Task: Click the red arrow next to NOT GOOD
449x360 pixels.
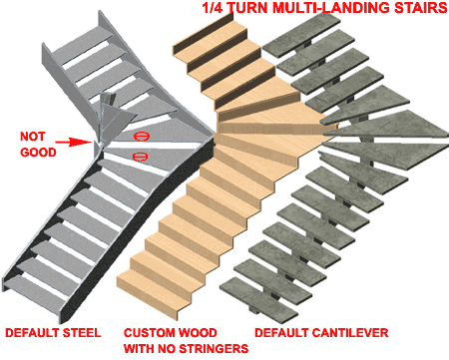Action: (x=74, y=143)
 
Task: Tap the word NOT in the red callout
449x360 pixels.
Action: (x=32, y=137)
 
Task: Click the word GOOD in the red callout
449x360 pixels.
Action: (x=38, y=153)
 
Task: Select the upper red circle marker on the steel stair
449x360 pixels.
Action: (x=142, y=136)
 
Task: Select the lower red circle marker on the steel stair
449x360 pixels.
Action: (x=140, y=157)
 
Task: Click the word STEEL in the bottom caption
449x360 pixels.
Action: (x=82, y=333)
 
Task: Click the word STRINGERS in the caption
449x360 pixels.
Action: (x=214, y=348)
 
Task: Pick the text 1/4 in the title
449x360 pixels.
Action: (x=212, y=8)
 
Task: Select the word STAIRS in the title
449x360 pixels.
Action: (x=420, y=8)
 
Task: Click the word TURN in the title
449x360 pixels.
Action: (x=247, y=8)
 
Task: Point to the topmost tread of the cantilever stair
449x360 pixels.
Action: (x=301, y=34)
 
